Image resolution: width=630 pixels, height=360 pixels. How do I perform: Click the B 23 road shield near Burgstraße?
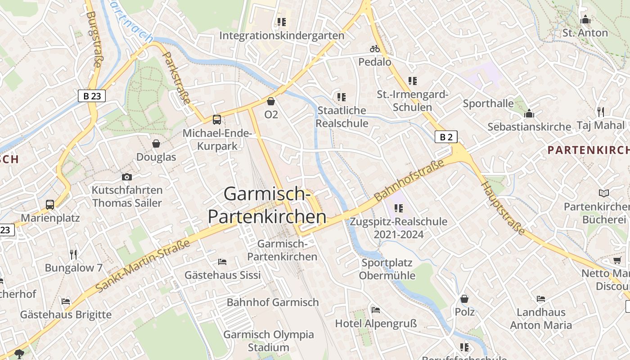pyautogui.click(x=92, y=96)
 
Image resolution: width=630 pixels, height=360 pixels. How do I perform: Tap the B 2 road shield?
pyautogui.click(x=446, y=137)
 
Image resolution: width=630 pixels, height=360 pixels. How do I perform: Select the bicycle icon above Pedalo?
pyautogui.click(x=375, y=49)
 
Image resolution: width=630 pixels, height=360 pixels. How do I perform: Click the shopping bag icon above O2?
pyautogui.click(x=271, y=102)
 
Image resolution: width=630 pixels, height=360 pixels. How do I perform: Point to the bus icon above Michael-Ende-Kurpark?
pyautogui.click(x=217, y=120)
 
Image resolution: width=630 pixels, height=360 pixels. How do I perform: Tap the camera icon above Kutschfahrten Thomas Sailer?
pyautogui.click(x=127, y=177)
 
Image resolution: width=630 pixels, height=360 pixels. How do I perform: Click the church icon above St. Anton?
pyautogui.click(x=585, y=20)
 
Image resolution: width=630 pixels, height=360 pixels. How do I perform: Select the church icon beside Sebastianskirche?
pyautogui.click(x=529, y=113)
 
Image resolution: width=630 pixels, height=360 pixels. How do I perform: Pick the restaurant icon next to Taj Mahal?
pyautogui.click(x=601, y=112)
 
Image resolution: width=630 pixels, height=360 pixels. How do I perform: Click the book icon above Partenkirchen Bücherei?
pyautogui.click(x=604, y=193)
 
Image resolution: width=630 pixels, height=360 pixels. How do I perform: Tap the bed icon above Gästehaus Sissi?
pyautogui.click(x=222, y=262)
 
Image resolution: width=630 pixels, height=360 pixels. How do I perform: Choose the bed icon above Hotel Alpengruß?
pyautogui.click(x=376, y=310)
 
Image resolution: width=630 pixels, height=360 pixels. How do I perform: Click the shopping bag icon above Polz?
pyautogui.click(x=464, y=299)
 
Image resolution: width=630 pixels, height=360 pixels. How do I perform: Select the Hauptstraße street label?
pyautogui.click(x=503, y=208)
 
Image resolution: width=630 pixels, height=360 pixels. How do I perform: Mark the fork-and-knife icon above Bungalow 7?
pyautogui.click(x=74, y=255)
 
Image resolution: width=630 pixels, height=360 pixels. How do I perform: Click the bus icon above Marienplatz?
pyautogui.click(x=50, y=205)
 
